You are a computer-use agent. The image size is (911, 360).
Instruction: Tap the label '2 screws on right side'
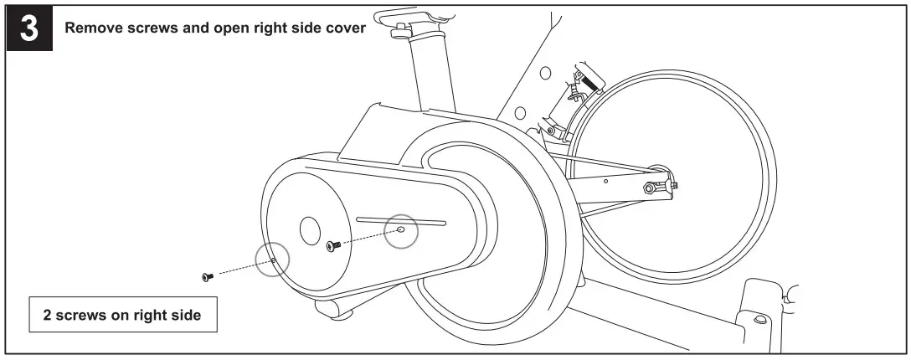tap(122, 316)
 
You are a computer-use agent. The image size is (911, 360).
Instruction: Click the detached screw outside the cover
tap(207, 275)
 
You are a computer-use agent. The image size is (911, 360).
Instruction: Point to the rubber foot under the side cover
tap(332, 311)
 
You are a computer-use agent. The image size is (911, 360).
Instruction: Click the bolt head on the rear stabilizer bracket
tap(759, 319)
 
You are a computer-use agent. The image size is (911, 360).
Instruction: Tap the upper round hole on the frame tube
tap(545, 73)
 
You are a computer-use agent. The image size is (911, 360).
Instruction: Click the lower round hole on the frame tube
tap(519, 113)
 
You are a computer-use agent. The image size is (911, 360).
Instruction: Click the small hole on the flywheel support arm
tap(605, 179)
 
